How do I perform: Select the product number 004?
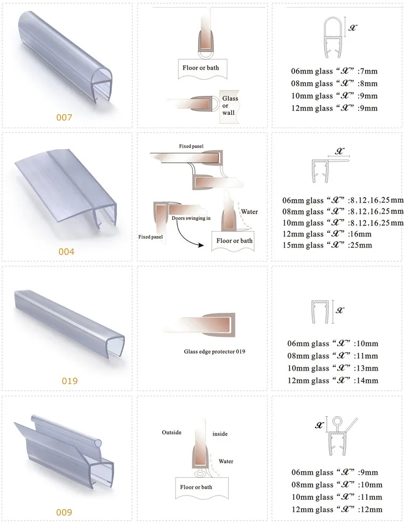tap(67, 251)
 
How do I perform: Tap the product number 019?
tap(69, 381)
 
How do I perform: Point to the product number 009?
tap(64, 512)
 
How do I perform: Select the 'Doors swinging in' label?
tap(187, 219)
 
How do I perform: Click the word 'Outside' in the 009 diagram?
tap(172, 432)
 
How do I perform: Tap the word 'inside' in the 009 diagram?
tap(220, 434)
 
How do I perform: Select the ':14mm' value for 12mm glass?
tap(366, 380)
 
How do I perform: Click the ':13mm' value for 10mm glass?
tap(366, 368)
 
